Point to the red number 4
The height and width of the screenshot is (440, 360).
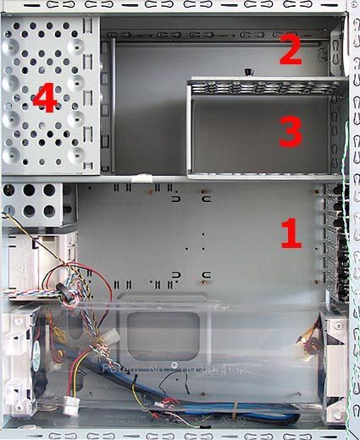point(44,102)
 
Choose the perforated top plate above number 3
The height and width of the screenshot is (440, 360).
point(267,85)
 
